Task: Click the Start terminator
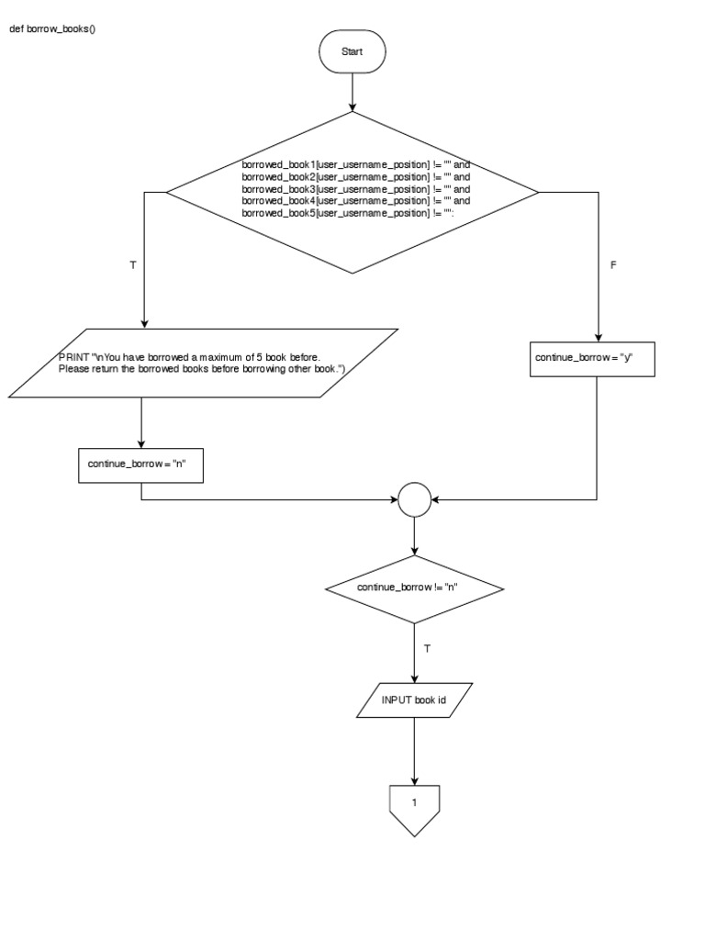tap(352, 52)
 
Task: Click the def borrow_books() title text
tap(52, 28)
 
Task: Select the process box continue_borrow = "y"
tap(594, 358)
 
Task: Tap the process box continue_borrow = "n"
tap(140, 464)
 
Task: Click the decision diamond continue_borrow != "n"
tap(414, 587)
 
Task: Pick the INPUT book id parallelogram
tap(414, 700)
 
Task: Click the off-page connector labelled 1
tap(414, 805)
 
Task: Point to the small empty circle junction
tap(414, 500)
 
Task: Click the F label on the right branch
tap(613, 264)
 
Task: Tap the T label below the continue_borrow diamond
tap(427, 648)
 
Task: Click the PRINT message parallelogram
tap(203, 363)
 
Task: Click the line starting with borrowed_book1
tap(355, 164)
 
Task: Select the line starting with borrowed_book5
tap(349, 213)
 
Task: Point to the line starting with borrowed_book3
tap(355, 189)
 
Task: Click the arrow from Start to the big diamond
tap(352, 92)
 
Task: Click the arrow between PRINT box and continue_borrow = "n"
tap(140, 420)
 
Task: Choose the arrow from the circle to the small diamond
tap(414, 536)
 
